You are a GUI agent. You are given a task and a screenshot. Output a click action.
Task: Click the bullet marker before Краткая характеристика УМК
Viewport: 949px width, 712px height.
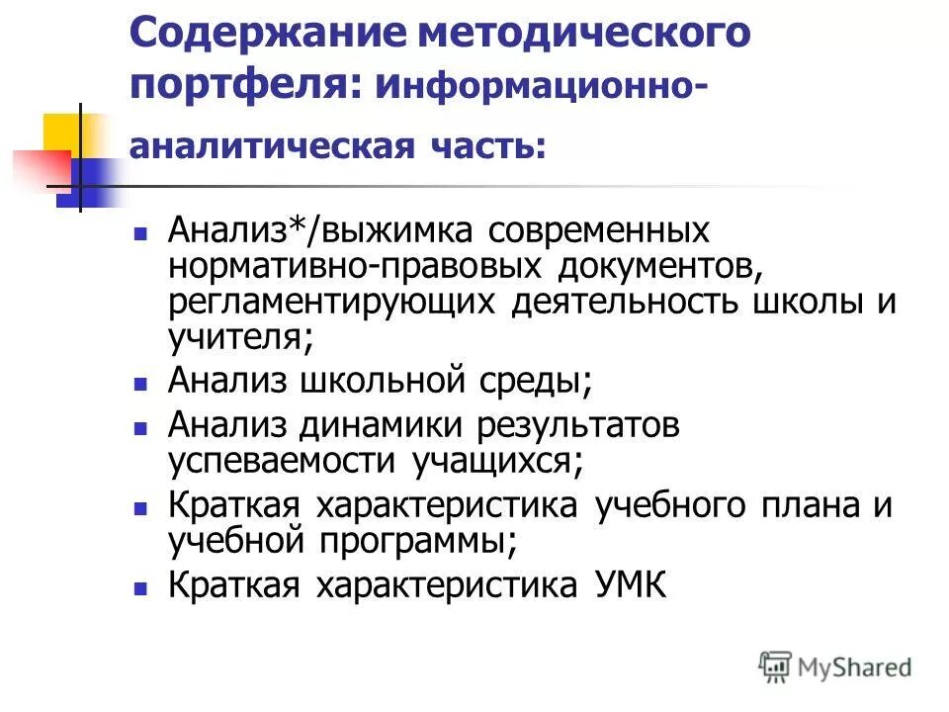click(x=140, y=587)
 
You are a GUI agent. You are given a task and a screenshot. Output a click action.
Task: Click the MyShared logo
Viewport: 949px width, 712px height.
click(x=835, y=667)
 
